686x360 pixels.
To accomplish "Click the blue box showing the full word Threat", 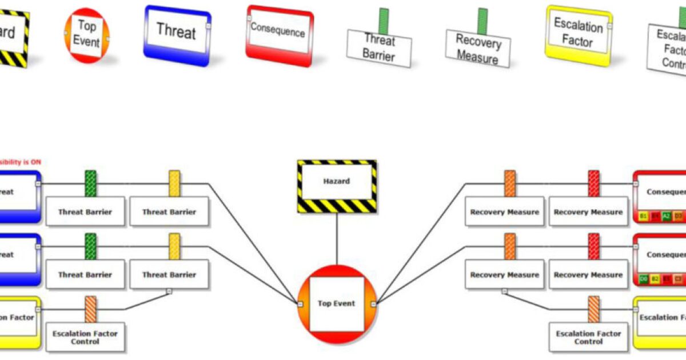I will (177, 34).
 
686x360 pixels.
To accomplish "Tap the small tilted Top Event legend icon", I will (86, 35).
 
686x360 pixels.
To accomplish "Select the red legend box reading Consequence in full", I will (279, 35).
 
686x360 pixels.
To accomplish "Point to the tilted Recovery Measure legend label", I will (478, 49).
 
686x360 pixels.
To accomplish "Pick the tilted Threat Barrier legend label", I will (379, 49).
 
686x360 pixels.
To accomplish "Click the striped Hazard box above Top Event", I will (337, 186).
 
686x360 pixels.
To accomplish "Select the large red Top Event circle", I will (337, 303).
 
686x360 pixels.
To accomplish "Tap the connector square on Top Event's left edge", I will (300, 304).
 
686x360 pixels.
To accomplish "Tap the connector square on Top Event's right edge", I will (374, 304).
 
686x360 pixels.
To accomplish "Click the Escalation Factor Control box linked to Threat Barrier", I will (85, 337).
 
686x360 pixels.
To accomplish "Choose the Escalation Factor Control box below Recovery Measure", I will (588, 337).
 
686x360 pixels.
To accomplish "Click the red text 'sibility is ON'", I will (21, 162).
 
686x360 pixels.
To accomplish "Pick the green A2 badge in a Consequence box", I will (666, 216).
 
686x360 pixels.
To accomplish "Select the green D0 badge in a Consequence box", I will (644, 279).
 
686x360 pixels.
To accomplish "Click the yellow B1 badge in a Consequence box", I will (644, 216).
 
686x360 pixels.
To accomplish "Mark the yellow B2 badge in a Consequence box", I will (655, 279).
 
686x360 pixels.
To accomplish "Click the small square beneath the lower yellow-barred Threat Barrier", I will (169, 291).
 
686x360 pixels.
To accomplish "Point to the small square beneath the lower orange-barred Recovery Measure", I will (504, 291).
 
